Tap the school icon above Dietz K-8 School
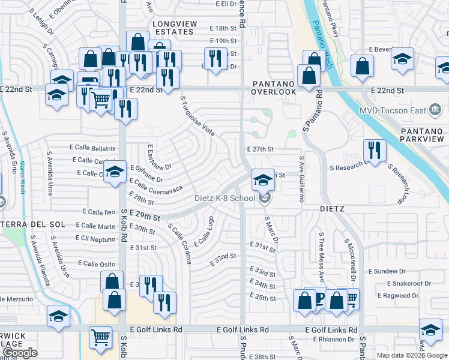[x=262, y=179]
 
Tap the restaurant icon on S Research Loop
[x=375, y=151]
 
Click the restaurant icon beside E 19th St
[x=213, y=58]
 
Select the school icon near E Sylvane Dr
[x=113, y=173]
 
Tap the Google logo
[x=20, y=353]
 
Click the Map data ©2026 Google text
[x=412, y=355]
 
